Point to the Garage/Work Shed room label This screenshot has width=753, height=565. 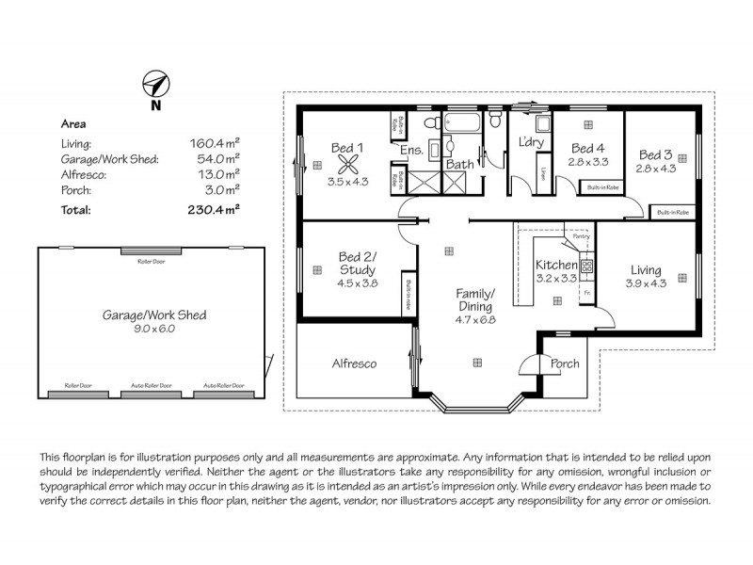click(154, 315)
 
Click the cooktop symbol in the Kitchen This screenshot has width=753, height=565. click(585, 266)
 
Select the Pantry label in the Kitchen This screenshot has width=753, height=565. click(569, 236)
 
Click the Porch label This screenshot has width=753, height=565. click(564, 364)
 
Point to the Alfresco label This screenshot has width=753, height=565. click(354, 363)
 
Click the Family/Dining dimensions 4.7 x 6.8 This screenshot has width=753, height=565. click(476, 320)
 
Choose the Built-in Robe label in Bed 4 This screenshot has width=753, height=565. click(602, 188)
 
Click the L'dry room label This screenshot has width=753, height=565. click(532, 143)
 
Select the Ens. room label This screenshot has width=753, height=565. click(411, 151)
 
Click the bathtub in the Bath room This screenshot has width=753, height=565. click(461, 123)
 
